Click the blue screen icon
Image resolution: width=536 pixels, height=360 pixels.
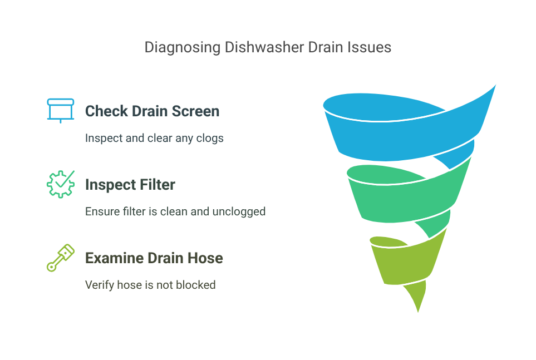click(x=60, y=110)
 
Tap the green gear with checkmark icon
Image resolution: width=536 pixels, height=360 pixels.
click(x=60, y=184)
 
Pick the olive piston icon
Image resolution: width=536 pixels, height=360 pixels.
click(x=60, y=258)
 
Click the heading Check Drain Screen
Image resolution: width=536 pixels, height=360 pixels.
click(x=152, y=111)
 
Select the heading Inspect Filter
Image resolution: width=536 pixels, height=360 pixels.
click(x=130, y=184)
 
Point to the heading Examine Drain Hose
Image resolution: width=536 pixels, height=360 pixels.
click(x=154, y=258)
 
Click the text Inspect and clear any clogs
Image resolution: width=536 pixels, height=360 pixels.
click(x=154, y=138)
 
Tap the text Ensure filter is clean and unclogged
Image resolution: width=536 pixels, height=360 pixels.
click(x=175, y=211)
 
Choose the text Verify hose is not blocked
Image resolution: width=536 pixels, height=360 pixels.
click(x=150, y=285)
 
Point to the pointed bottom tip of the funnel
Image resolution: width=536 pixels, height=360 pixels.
click(x=417, y=312)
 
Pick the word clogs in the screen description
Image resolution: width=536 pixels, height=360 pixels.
click(x=210, y=138)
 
